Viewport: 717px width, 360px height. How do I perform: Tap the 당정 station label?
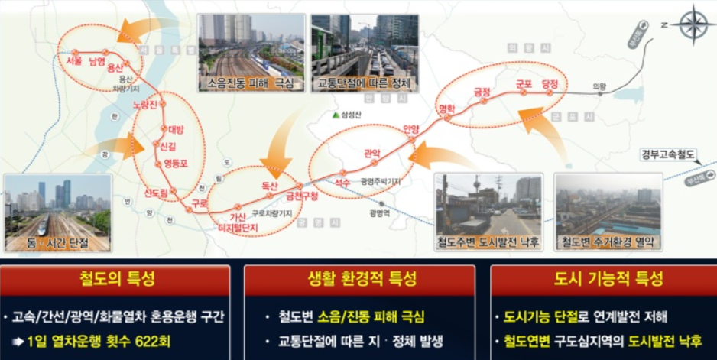point(550,83)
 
